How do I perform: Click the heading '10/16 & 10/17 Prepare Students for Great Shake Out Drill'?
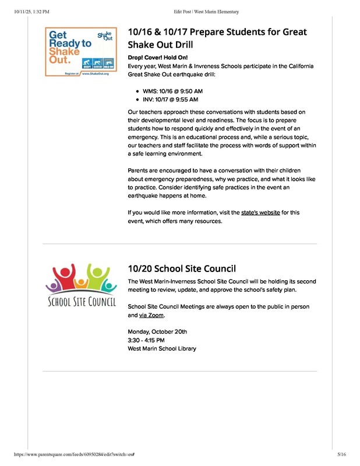(x=217, y=38)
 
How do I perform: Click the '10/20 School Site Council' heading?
(x=181, y=269)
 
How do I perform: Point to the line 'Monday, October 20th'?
(x=157, y=331)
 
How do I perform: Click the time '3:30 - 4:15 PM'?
(x=146, y=340)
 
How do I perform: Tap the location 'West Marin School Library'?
(x=162, y=349)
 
